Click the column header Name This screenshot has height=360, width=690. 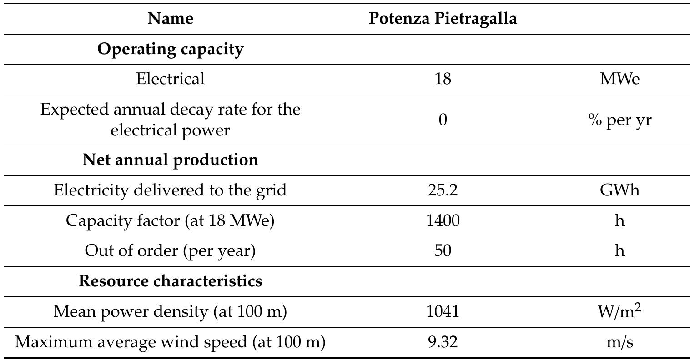coord(170,19)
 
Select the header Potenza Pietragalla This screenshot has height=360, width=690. coord(443,19)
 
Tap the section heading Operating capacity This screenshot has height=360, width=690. coord(170,49)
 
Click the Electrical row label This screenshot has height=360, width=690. coord(170,79)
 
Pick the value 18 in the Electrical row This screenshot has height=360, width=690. coord(443,79)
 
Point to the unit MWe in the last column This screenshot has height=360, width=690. coord(619,79)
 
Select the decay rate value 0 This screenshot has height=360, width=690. coord(443,120)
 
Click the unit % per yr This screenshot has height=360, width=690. coord(619,120)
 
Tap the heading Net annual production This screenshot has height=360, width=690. coord(170,160)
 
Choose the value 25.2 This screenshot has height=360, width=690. coord(443,190)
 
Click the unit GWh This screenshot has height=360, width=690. coord(619,190)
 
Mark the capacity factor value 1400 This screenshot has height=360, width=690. coord(443,220)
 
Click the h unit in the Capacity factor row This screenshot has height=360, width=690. coord(619,220)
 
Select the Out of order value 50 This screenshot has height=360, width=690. coord(443,250)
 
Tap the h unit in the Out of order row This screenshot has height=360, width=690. coord(619,250)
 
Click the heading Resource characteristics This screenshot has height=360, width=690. coord(170,281)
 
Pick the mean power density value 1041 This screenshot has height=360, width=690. coord(443,311)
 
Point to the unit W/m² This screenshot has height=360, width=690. coord(619,311)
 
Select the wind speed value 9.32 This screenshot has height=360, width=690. coord(443,342)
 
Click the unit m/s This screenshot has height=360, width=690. coord(619,342)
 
